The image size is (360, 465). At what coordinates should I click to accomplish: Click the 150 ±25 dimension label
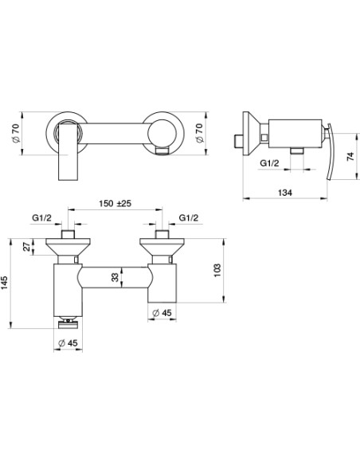tap(115, 204)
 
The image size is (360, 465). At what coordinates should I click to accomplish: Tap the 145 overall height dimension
tap(4, 283)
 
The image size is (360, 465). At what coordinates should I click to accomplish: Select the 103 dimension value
tap(217, 270)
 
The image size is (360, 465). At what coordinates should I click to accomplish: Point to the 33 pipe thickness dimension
tap(115, 277)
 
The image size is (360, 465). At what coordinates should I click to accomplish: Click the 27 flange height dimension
tap(27, 246)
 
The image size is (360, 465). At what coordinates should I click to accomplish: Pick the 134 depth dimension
tap(284, 193)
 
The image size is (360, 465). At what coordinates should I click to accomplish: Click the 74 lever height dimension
tap(350, 156)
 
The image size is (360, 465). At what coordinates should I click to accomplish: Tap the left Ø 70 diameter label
tap(16, 133)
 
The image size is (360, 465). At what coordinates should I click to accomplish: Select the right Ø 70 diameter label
tap(200, 133)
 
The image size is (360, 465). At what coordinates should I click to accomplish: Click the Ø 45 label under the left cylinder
tap(68, 343)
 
